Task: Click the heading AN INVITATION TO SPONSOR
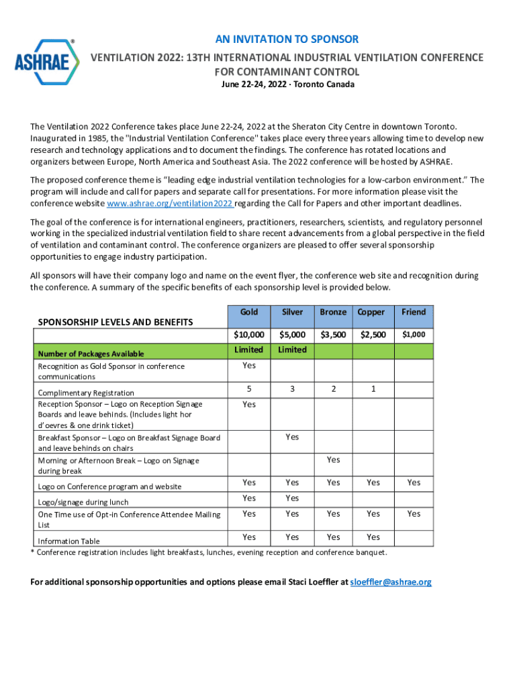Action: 287,40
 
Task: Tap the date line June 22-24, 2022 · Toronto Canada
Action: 287,85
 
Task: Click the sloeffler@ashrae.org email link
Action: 391,582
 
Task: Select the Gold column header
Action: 248,312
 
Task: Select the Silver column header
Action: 292,312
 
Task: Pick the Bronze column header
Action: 333,312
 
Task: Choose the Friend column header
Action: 414,312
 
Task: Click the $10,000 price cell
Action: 248,334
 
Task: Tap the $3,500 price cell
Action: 333,334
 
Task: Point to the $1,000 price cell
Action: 414,334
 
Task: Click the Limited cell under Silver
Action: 292,350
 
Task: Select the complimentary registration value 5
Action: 248,389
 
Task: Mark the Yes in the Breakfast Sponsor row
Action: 292,437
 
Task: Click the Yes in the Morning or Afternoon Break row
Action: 333,460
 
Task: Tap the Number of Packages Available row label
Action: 91,354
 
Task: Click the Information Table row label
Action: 69,541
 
